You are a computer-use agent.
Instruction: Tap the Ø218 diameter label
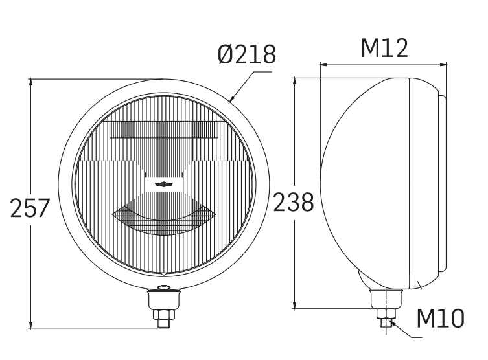246,55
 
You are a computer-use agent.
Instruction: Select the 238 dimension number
293,203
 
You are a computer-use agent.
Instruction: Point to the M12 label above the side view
384,49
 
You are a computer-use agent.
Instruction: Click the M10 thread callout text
440,319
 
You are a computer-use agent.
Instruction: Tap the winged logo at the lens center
165,184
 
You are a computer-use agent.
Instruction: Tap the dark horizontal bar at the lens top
165,129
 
